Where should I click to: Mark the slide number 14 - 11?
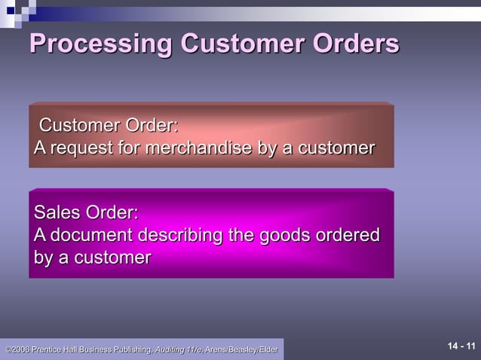tap(461, 346)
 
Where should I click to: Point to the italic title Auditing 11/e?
tap(178, 349)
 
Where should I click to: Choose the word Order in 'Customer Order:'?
tap(152, 125)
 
